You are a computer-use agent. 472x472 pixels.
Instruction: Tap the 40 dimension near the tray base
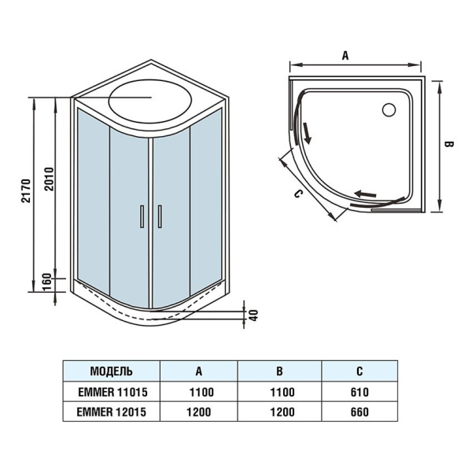pos(253,313)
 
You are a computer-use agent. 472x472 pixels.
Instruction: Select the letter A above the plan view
pos(345,54)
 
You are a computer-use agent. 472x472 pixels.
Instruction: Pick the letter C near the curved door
pos(297,194)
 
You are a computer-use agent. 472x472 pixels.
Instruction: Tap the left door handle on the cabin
pos(142,215)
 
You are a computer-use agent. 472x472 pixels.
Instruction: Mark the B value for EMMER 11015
pos(280,391)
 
